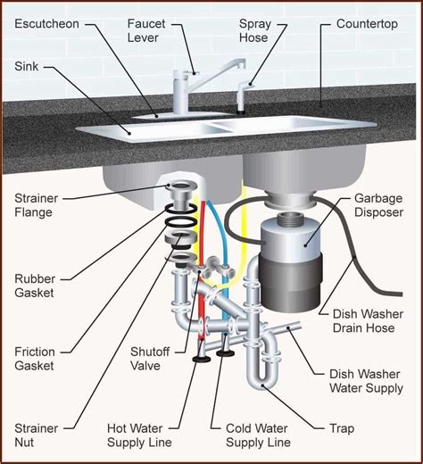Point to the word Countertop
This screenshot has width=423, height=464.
[x=367, y=24]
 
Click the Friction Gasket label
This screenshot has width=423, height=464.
[x=35, y=359]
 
